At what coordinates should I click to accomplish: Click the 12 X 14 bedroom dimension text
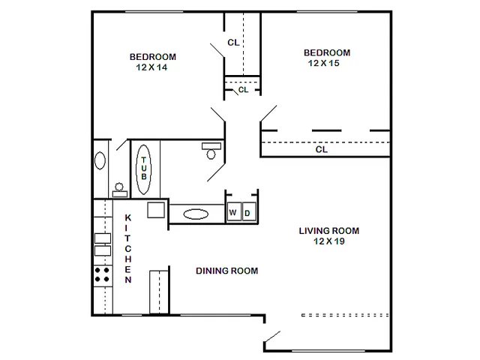coord(151,67)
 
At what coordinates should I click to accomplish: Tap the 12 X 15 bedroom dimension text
coord(324,63)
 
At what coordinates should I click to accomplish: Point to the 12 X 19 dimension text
coord(329,241)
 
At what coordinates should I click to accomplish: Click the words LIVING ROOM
coord(329,231)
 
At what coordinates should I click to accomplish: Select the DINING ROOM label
coord(226,271)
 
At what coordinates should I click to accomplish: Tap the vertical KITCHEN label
coord(128,248)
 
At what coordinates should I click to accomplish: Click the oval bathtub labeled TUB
coord(143,169)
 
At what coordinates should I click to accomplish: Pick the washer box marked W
coord(234,211)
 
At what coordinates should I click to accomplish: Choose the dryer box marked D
coord(249,211)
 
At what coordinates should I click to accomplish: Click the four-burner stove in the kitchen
coord(102,274)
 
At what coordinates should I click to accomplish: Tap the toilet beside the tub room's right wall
coord(211,151)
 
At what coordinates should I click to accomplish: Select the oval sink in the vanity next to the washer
coord(196,214)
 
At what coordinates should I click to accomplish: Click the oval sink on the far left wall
coord(100,160)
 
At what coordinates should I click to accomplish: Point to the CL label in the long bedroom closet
coord(322,149)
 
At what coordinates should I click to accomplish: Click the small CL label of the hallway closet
coord(243,90)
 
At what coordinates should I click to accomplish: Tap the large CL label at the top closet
coord(233,42)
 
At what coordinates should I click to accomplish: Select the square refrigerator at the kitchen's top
coord(156,210)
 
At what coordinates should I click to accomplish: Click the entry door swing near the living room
coord(272,337)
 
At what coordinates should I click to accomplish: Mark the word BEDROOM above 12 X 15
coord(327,52)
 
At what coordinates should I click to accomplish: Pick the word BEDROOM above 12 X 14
coord(153,57)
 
